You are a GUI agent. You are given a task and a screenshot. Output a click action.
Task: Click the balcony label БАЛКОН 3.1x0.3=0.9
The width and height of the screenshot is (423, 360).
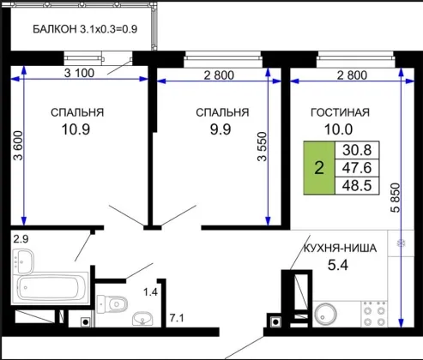(85, 29)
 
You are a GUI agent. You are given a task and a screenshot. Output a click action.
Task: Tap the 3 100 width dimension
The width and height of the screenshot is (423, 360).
(79, 73)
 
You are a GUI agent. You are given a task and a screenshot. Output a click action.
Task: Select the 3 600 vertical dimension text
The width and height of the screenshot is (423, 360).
(18, 146)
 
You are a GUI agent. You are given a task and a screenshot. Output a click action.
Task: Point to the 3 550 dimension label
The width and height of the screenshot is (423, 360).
(262, 147)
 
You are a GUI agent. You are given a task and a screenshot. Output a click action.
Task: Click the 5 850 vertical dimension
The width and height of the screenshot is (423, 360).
(396, 198)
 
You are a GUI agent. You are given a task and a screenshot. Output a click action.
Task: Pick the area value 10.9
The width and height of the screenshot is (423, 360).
(76, 129)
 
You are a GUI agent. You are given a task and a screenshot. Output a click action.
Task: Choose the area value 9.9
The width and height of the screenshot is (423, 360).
(221, 129)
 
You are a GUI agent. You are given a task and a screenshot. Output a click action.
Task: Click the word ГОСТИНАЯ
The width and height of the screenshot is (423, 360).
(340, 112)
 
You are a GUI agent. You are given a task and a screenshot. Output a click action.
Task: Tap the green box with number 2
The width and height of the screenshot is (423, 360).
(319, 168)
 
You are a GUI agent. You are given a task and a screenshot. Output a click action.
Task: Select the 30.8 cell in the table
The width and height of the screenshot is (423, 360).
(357, 150)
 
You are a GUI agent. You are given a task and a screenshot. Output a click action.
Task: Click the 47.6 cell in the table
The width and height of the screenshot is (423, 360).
(357, 168)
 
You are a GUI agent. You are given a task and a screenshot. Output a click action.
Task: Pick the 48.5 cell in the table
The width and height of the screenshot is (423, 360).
(357, 185)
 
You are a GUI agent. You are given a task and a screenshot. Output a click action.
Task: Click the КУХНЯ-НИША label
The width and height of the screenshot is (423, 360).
(340, 249)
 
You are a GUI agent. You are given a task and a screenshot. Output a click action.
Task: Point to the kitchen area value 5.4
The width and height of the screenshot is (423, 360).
(338, 265)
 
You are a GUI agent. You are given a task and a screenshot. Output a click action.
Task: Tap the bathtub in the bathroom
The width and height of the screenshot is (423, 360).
(50, 288)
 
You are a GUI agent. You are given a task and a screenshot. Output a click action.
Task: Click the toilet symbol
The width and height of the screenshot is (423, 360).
(112, 304)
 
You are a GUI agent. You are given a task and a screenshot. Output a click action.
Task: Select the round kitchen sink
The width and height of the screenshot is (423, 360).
(325, 315)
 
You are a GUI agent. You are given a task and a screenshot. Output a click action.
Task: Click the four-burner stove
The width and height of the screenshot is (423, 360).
(374, 314)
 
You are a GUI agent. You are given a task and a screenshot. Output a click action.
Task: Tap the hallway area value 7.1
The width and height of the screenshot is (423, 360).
(177, 318)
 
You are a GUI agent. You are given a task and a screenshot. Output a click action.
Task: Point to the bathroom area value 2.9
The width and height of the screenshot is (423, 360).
(21, 239)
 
